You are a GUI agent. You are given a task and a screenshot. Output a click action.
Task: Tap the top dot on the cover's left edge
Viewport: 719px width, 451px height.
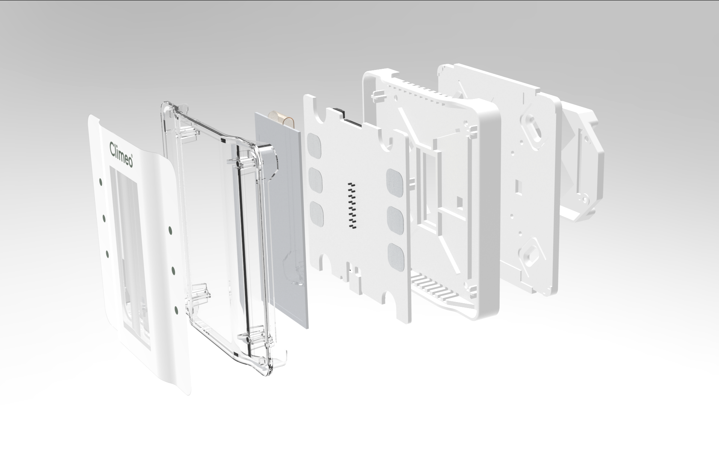100,182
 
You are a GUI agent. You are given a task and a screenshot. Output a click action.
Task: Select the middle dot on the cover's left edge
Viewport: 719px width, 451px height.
104,217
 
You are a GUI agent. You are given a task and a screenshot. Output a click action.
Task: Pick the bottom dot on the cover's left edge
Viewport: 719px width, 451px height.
107,254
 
